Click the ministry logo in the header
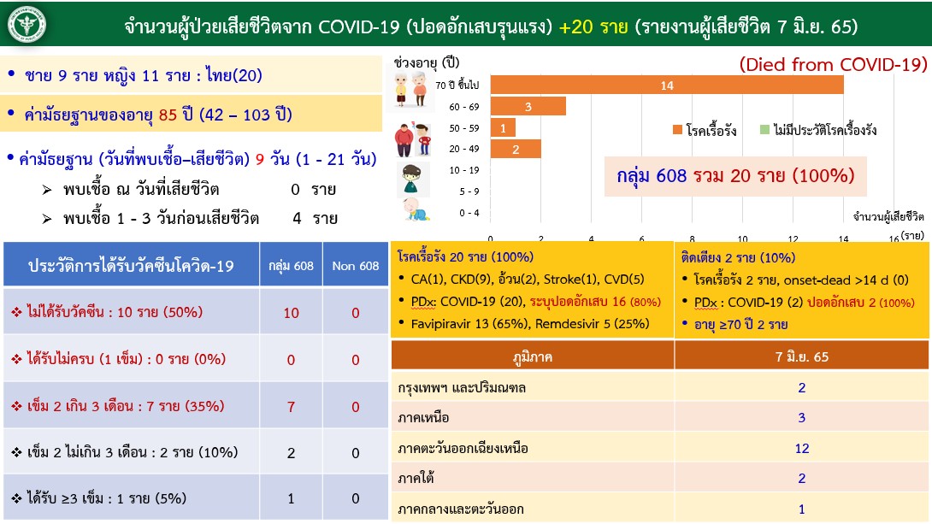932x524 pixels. [x=27, y=25]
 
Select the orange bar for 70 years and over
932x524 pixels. [x=667, y=85]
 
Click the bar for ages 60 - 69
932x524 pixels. [x=528, y=107]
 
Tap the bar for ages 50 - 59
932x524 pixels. [x=503, y=128]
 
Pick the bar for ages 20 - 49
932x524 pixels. [x=516, y=149]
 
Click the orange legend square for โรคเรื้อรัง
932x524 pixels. [x=677, y=130]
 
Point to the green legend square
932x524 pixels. [x=765, y=130]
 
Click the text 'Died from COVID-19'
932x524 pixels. [x=833, y=64]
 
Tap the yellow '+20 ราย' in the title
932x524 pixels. [x=593, y=26]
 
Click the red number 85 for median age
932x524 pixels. [x=168, y=115]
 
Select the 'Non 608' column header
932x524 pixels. [x=356, y=266]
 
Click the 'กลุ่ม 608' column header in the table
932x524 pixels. [x=291, y=266]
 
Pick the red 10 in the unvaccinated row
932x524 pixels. [x=291, y=313]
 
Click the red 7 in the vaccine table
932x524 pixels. [x=291, y=407]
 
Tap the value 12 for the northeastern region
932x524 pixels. [x=802, y=449]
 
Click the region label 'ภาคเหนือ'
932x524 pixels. [x=423, y=418]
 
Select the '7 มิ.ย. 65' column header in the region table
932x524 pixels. [x=802, y=357]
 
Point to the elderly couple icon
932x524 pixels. [x=410, y=89]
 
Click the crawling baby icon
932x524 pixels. [x=415, y=209]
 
